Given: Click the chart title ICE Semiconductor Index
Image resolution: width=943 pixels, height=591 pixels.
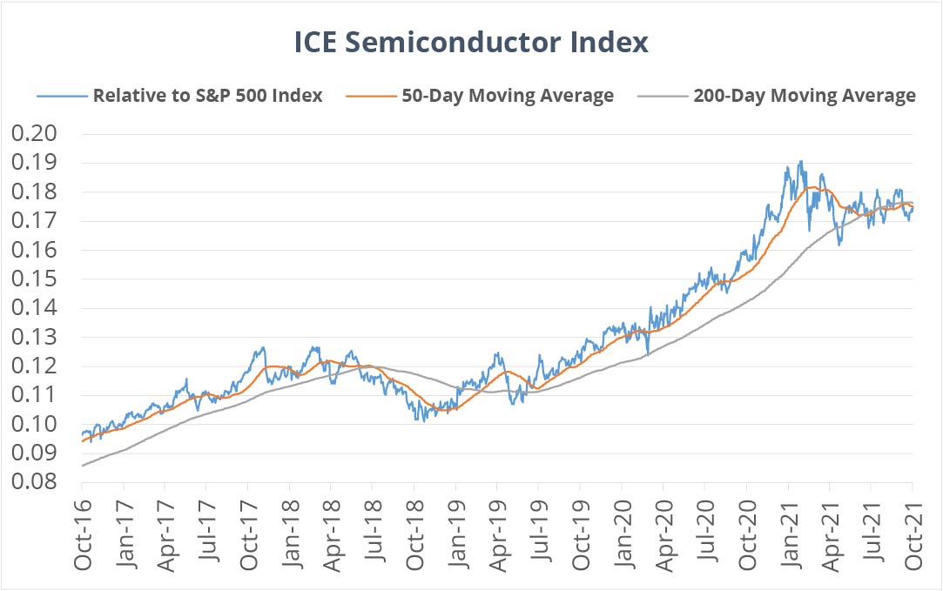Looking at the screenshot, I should tap(471, 43).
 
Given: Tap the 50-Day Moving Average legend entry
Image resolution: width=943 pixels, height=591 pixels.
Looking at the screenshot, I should tap(508, 96).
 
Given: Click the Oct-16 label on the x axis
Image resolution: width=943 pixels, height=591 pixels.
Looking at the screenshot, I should tap(84, 535).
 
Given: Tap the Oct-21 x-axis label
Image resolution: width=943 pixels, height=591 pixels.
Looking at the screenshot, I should tap(913, 535).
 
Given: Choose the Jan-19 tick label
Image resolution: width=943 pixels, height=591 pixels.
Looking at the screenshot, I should tap(456, 535).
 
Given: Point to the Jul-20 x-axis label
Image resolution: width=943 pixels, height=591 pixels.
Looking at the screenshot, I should tap(705, 535).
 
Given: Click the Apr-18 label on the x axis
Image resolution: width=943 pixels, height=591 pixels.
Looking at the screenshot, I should tap(332, 535).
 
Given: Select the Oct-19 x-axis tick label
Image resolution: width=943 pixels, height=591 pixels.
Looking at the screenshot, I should tap(581, 535).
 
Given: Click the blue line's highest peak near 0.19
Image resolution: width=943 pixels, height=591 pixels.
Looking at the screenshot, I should tap(800, 161).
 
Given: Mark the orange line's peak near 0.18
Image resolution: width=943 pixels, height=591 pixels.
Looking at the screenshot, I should tap(812, 187).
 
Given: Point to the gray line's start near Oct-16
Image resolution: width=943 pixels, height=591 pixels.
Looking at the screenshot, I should tap(83, 466).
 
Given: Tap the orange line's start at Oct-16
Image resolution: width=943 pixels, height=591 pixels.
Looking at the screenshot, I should tap(83, 441).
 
